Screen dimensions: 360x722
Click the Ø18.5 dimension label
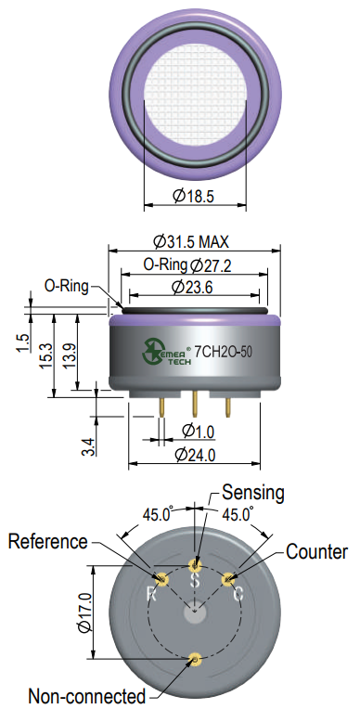[x=193, y=197]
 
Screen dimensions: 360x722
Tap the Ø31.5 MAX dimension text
[x=191, y=241]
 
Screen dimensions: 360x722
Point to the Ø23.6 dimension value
[x=192, y=288]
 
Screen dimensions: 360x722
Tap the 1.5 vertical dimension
[x=23, y=343]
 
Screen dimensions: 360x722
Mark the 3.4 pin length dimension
[x=90, y=446]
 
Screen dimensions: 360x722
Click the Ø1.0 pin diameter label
[x=199, y=432]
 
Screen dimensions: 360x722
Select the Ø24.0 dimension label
[x=196, y=455]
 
